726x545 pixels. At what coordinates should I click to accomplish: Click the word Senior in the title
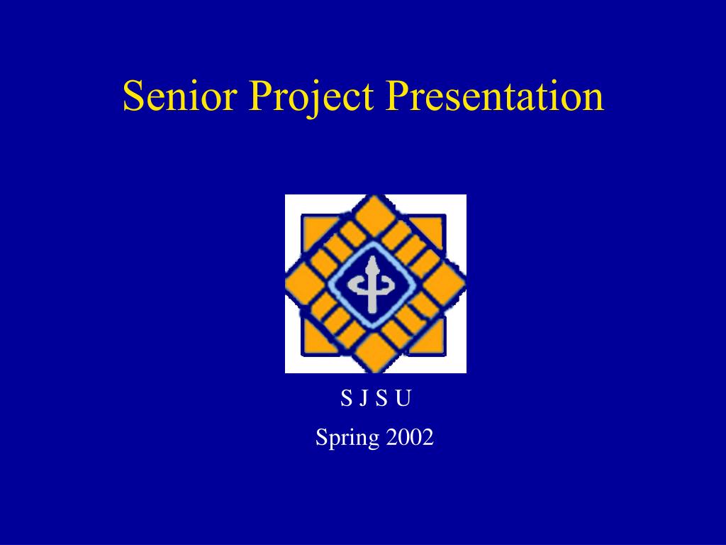pyautogui.click(x=180, y=96)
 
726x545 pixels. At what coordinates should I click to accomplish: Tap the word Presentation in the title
pyautogui.click(x=494, y=96)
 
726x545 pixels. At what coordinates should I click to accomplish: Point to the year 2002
pyautogui.click(x=409, y=437)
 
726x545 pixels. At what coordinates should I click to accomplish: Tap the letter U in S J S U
pyautogui.click(x=403, y=398)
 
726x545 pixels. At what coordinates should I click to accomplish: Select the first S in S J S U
pyautogui.click(x=346, y=398)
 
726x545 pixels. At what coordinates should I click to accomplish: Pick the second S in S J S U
pyautogui.click(x=381, y=398)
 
